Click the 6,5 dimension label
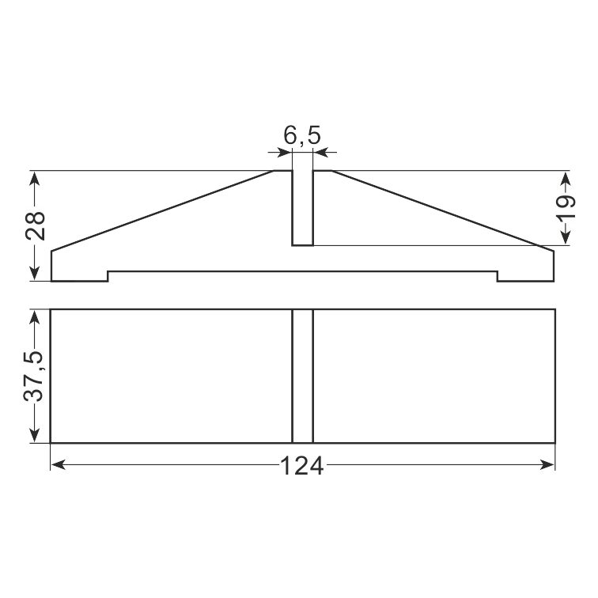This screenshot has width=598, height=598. coord(302,135)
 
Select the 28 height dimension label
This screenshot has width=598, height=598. coord(36,225)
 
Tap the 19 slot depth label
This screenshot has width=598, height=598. coord(566,206)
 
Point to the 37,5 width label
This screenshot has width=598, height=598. coord(34,376)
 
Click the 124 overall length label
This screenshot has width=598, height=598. coord(301,466)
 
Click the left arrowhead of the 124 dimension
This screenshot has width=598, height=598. coord(58,465)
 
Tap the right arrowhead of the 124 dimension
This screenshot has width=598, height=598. coord(547,465)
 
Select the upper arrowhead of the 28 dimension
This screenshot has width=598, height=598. coord(35,178)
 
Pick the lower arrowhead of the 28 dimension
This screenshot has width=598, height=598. coord(35,274)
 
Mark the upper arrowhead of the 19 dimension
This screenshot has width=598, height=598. coord(566,178)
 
